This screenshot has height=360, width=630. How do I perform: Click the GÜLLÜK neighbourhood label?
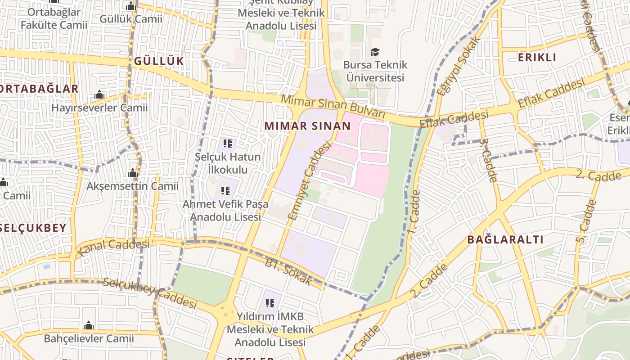[159, 61]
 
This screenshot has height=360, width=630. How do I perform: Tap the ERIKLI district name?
[537, 58]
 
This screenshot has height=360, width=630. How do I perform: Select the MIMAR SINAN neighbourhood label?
[307, 126]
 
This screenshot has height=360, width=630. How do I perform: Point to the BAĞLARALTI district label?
[505, 239]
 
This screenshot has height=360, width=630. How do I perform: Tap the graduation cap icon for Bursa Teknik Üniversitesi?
[375, 52]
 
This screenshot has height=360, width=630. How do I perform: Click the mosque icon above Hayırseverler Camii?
[99, 95]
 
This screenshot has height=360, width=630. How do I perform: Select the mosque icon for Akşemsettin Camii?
[132, 173]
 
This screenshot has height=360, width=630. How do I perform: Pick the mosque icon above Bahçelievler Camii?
[89, 325]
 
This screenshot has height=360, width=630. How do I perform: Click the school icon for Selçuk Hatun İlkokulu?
[227, 144]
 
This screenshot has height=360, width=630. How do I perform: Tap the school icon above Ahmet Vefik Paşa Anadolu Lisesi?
[225, 191]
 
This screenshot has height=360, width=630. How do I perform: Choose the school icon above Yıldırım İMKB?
[270, 303]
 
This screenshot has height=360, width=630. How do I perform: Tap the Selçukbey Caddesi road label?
[150, 293]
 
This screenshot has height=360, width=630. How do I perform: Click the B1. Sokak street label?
[288, 272]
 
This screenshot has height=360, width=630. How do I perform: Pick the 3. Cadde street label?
[487, 160]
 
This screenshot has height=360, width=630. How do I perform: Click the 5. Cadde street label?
[585, 222]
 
